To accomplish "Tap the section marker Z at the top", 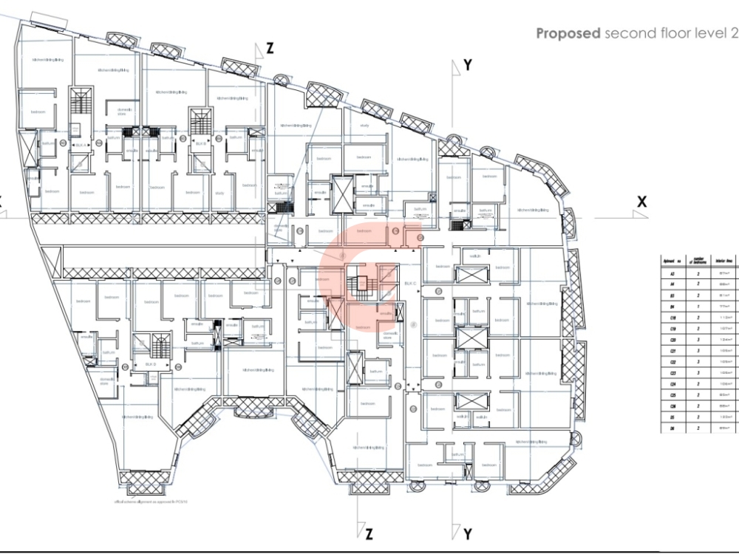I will coord(270,49).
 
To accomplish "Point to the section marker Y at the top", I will coord(467,66).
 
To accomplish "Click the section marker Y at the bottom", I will coord(467,533).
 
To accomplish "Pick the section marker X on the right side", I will coord(641,202).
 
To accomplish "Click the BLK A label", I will coord(80,146).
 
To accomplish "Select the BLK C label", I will coord(410,284).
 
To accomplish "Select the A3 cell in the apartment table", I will coord(672,273).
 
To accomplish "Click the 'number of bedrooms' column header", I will coord(698,259).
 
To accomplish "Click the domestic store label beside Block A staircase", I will coord(123,112).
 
